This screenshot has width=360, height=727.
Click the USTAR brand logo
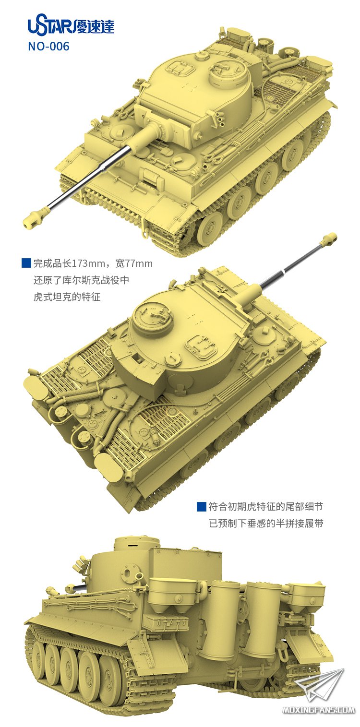(71, 26)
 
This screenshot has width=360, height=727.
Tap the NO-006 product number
(48, 47)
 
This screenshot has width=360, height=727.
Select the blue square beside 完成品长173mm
(26, 263)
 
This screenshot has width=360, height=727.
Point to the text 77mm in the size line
(139, 263)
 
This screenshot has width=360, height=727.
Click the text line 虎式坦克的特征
(67, 297)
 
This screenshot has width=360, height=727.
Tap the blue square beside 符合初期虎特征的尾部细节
(202, 506)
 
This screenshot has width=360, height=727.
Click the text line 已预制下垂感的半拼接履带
(266, 523)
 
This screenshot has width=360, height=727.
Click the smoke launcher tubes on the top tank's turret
(220, 119)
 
